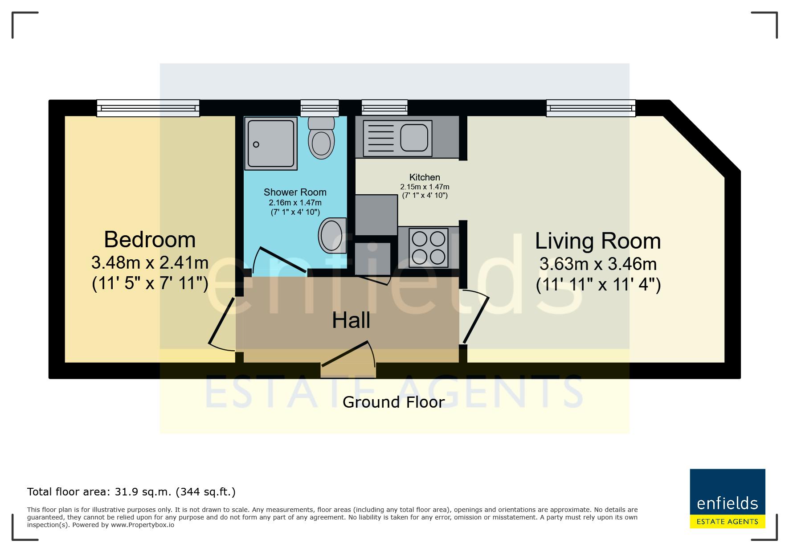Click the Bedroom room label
click(150, 240)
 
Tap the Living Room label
click(598, 241)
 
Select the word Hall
click(351, 320)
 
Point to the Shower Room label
click(295, 192)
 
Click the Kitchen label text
click(425, 177)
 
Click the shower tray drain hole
click(256, 144)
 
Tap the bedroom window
click(148, 108)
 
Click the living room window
click(591, 108)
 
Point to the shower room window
click(319, 108)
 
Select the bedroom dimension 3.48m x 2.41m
click(150, 262)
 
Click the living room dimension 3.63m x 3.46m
click(598, 264)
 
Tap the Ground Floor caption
click(393, 402)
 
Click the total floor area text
click(131, 492)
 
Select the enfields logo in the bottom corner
click(728, 499)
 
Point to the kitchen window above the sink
click(384, 108)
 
